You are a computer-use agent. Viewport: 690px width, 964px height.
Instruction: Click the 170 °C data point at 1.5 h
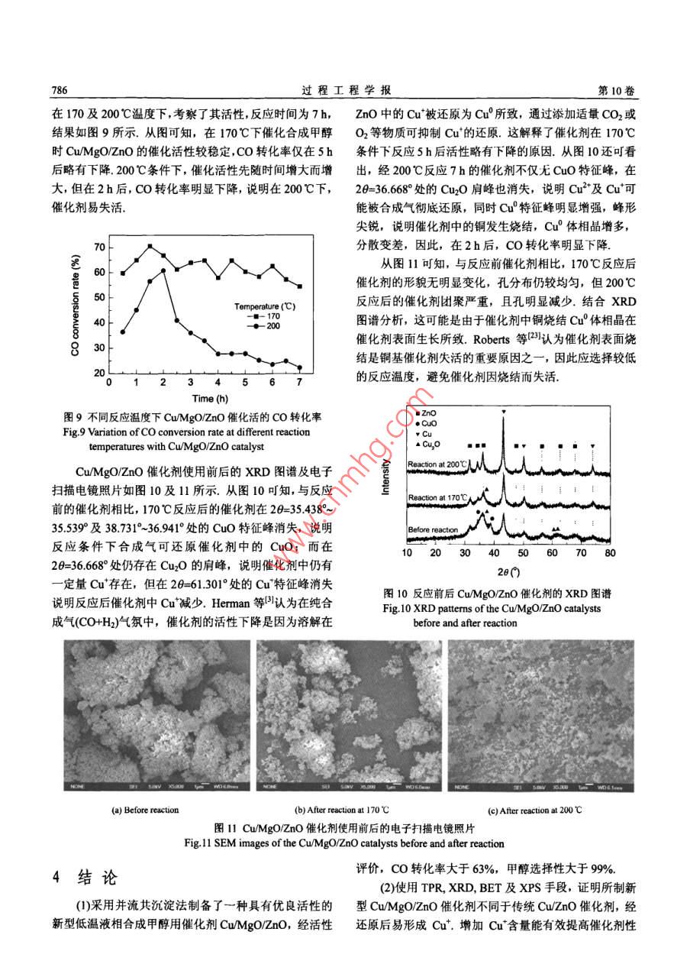coord(150,246)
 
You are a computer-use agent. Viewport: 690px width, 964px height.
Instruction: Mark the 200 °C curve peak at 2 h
coord(164,270)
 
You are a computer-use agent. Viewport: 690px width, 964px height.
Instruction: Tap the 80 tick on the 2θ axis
coord(609,552)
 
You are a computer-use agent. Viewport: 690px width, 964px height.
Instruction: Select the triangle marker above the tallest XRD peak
coord(504,412)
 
